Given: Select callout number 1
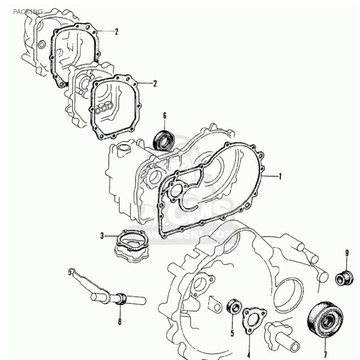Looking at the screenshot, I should (x=280, y=176).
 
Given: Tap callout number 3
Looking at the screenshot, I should (x=102, y=236).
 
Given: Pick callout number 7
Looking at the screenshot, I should (x=325, y=354).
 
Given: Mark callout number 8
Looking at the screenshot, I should (x=120, y=322).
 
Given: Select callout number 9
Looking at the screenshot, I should (x=347, y=253).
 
